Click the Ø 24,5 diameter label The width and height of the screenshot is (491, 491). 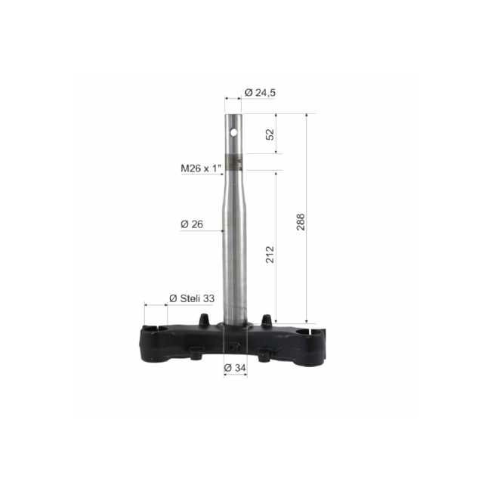260,93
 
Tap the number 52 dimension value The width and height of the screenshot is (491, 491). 270,134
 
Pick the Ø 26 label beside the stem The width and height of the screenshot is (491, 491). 192,224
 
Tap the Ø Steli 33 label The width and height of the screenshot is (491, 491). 192,298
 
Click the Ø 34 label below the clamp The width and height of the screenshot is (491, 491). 236,368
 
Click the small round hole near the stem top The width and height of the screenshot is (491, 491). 233,133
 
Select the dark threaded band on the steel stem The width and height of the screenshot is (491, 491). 234,162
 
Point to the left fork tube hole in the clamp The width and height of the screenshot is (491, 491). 156,329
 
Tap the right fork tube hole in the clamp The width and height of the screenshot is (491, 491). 310,331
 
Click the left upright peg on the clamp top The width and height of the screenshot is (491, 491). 204,320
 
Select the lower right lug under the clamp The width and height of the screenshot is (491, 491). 264,354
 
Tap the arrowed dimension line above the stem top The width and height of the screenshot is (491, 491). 233,98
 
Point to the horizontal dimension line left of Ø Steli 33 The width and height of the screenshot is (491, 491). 156,305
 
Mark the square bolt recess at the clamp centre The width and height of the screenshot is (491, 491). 234,347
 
